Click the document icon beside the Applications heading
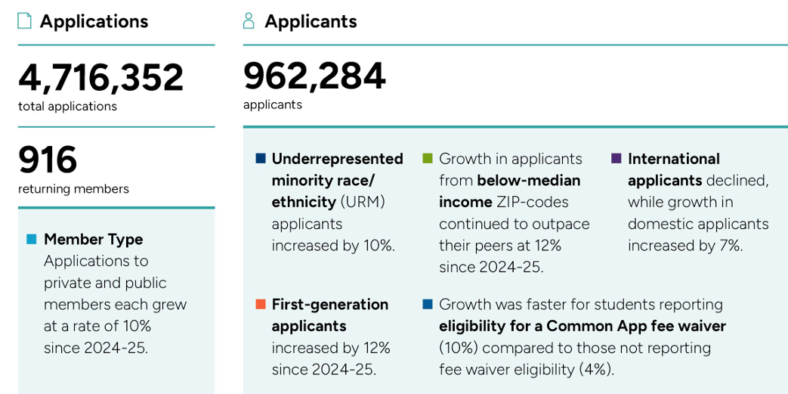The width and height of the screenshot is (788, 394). click(x=25, y=21)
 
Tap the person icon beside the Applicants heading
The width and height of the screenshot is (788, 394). click(x=249, y=21)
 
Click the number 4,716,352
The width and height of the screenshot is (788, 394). click(x=100, y=78)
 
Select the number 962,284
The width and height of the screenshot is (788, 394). click(x=314, y=76)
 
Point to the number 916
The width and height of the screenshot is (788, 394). click(x=48, y=160)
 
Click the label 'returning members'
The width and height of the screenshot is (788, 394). click(x=73, y=189)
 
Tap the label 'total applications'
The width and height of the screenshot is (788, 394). click(x=67, y=107)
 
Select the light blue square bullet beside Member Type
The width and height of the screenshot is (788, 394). click(x=31, y=240)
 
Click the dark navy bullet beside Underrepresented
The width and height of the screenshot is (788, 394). click(x=261, y=159)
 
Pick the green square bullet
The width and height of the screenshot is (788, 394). click(x=428, y=159)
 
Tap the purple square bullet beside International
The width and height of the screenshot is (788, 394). click(x=616, y=159)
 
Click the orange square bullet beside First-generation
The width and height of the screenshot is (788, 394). click(x=261, y=304)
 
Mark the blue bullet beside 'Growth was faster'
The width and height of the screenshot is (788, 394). click(x=428, y=304)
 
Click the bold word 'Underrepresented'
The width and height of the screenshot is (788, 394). click(x=337, y=159)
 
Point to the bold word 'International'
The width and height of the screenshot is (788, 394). click(x=673, y=159)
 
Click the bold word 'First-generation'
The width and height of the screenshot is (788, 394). click(x=329, y=304)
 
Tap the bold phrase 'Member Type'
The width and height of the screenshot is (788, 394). click(x=93, y=240)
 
